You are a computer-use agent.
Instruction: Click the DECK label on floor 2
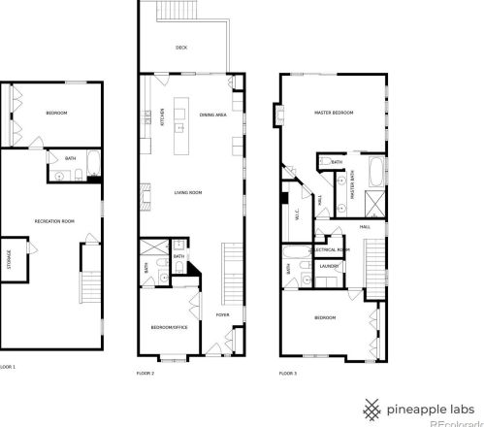coord(181,48)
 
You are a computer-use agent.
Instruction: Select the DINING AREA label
coord(212,115)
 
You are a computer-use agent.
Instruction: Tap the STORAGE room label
coord(10,263)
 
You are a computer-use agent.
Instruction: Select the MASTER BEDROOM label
coord(334,114)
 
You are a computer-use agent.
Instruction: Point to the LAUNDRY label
coord(328,265)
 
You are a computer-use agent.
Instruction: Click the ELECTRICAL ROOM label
coord(331,249)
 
